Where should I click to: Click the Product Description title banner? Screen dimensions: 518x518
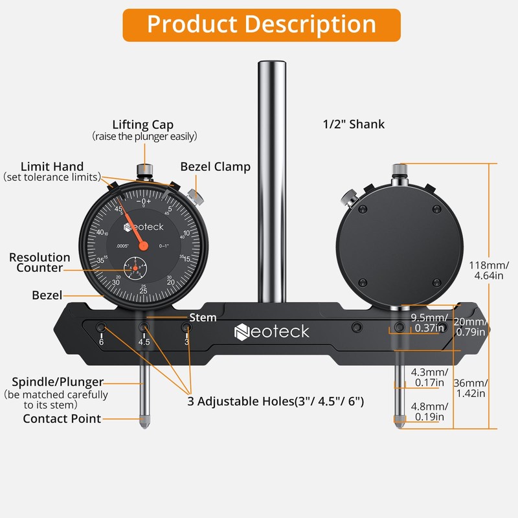coord(261,25)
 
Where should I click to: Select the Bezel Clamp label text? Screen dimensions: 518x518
coord(215,166)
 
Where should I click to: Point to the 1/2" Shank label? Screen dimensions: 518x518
coord(354,124)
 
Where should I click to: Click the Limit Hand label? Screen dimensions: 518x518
coord(52,166)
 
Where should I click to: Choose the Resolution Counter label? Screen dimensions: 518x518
coord(39,262)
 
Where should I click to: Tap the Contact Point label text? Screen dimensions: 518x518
coord(62,418)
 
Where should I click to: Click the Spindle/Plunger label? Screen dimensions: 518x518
coord(58,381)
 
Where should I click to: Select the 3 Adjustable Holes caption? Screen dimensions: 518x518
coord(276,401)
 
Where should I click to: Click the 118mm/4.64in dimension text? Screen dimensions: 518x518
coord(489,270)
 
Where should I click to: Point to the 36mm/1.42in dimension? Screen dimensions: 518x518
coord(489,387)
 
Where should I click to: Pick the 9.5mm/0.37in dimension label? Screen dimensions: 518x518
coord(429,322)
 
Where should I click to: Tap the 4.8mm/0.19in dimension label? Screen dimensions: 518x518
coord(429,412)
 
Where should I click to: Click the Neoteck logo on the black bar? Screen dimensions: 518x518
coord(272,332)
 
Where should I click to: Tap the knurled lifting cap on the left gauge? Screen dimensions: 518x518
coord(145,170)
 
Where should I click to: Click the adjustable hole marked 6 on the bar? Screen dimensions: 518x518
coord(101,326)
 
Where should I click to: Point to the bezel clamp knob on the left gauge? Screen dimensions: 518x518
coord(192,194)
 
